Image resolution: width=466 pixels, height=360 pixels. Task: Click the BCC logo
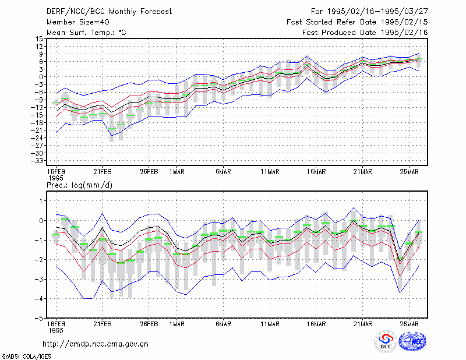click(x=386, y=341)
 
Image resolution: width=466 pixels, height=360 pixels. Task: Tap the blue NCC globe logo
click(x=412, y=341)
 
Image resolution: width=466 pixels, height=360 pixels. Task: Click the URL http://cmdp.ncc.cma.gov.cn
click(x=96, y=344)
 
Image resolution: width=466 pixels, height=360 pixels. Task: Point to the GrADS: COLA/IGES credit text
click(x=26, y=357)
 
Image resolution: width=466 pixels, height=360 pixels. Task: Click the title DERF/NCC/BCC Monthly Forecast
click(x=109, y=12)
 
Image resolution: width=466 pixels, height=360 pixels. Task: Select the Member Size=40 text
click(x=78, y=22)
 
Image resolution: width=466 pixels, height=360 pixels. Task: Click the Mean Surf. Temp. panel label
click(x=86, y=33)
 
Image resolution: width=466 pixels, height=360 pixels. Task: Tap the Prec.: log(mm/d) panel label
click(x=79, y=185)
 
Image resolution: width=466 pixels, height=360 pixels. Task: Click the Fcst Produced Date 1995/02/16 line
click(x=365, y=33)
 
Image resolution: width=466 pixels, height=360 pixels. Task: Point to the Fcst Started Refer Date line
click(x=357, y=22)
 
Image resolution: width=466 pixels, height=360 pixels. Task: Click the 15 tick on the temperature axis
click(x=39, y=38)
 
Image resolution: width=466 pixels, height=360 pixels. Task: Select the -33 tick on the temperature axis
click(x=37, y=161)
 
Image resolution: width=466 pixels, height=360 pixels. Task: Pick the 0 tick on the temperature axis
click(x=41, y=77)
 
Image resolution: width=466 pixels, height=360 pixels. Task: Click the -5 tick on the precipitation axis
click(x=39, y=318)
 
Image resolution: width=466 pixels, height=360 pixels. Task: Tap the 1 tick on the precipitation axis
click(x=41, y=201)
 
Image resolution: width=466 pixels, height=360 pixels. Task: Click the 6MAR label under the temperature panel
click(x=223, y=172)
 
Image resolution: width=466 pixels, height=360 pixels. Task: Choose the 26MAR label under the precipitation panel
click(x=409, y=324)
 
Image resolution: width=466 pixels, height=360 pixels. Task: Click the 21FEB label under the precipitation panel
click(x=103, y=324)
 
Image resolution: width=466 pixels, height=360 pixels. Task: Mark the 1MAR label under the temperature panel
click(x=177, y=172)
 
